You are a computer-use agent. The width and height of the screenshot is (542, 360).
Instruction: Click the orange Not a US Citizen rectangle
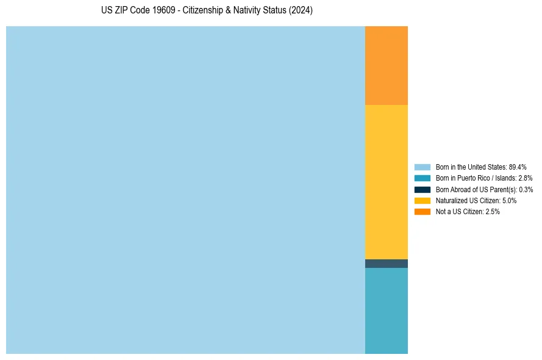[x=386, y=65]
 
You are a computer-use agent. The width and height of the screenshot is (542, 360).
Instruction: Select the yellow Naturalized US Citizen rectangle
[x=386, y=182]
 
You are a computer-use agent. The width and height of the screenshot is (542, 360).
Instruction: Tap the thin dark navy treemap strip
[x=386, y=264]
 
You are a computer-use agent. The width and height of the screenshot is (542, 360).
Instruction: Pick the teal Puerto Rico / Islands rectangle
[x=386, y=311]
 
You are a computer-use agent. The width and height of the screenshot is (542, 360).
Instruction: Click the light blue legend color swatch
[x=422, y=167]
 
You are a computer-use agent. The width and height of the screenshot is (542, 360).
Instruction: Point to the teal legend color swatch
[x=422, y=178]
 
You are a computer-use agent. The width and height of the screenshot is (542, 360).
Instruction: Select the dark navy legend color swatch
[x=422, y=189]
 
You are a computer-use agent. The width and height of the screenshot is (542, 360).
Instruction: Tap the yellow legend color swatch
[x=422, y=200]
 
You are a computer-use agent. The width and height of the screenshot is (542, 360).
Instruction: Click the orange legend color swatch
[x=422, y=212]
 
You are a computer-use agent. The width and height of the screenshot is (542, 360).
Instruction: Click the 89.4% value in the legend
[x=517, y=167]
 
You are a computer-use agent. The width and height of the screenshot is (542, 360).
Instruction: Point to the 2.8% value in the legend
[x=525, y=178]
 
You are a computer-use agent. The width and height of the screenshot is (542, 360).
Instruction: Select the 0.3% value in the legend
[x=526, y=189]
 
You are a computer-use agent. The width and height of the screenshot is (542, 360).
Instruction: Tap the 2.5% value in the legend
[x=493, y=212]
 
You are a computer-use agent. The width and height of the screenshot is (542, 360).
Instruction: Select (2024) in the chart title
[x=301, y=11]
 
